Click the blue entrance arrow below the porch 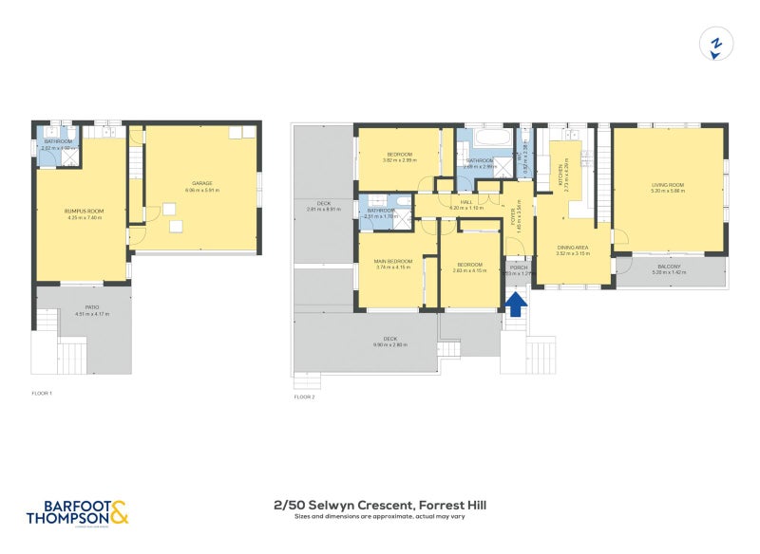tap(517, 304)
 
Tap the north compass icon tap(717, 45)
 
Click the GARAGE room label tap(201, 183)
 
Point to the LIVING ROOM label tap(668, 185)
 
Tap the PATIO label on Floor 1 tap(91, 307)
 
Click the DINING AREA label tap(573, 249)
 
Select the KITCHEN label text tap(560, 175)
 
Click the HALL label tap(466, 202)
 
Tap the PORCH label tap(519, 268)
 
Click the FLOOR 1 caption tap(41, 392)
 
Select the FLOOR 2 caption tap(304, 397)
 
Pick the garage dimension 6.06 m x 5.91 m tap(201, 190)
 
